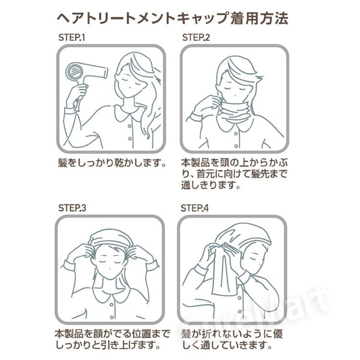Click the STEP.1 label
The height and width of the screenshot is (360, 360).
point(72,37)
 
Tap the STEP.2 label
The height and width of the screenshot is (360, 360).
point(196,37)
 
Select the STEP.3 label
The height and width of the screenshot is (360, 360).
point(72,208)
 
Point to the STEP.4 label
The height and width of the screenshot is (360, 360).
point(194,208)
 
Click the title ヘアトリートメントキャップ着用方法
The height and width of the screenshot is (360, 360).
point(172,19)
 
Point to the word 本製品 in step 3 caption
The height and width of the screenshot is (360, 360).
point(69,334)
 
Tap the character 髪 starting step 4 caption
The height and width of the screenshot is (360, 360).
point(186,334)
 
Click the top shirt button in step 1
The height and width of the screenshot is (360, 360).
point(130,126)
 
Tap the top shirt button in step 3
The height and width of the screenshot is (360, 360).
point(111,305)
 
